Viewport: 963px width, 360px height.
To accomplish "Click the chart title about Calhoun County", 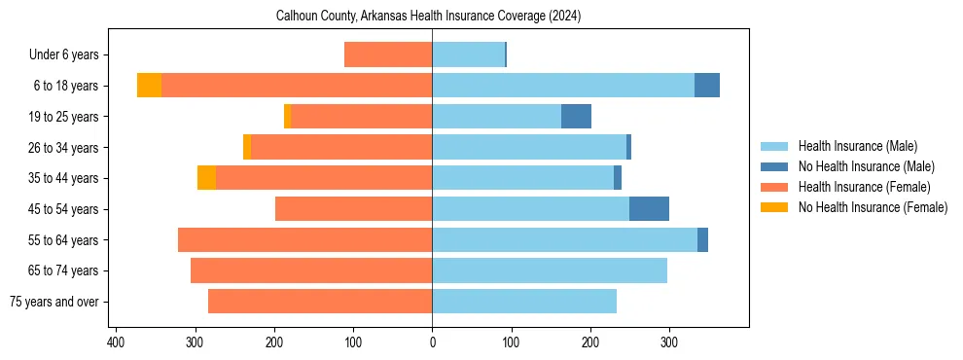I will (x=428, y=17).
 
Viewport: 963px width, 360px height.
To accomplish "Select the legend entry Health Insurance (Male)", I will (x=857, y=146).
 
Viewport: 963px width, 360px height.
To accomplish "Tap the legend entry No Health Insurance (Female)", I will (x=873, y=207).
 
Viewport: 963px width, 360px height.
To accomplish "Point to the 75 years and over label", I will (x=53, y=302).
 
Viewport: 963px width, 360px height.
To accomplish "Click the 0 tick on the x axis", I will (x=432, y=342).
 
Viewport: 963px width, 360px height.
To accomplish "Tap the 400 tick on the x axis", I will (x=116, y=342).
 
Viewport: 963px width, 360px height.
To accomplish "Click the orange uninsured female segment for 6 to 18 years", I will (x=149, y=86).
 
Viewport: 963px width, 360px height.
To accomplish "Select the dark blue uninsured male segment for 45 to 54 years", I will (x=649, y=209).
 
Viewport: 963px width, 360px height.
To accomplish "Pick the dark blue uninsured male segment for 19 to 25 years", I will (x=576, y=117).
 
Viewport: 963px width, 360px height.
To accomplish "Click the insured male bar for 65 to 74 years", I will (x=550, y=270).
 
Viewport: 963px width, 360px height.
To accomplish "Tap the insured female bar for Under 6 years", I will (x=388, y=55).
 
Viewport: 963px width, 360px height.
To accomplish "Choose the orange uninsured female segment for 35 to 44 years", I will (x=206, y=178).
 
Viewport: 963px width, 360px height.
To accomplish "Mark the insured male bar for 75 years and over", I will (x=524, y=302).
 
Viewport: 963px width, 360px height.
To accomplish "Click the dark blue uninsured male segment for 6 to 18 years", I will (x=707, y=86).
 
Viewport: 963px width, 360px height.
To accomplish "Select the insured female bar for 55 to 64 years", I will (x=304, y=240).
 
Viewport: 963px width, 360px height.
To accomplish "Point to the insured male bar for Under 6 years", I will (x=468, y=55).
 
